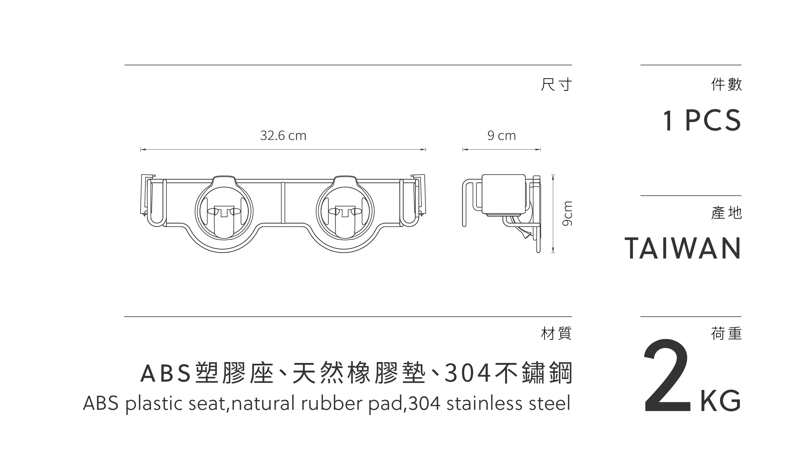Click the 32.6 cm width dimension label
coord(283,136)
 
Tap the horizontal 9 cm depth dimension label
coord(501,136)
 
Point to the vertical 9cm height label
coord(567,213)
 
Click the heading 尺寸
coord(556,85)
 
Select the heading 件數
coord(726,85)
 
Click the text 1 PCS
coord(702,120)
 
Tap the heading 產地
coord(726,213)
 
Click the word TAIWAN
coord(683,248)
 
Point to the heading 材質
coord(556,334)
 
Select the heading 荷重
coord(726,334)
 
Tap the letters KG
coord(721,401)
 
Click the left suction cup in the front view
coord(224,211)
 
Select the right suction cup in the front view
coord(345,211)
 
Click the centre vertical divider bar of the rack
coord(283,203)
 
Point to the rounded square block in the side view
coord(503,194)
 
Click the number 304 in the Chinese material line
coord(468,373)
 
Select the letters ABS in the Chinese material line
coord(166,373)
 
